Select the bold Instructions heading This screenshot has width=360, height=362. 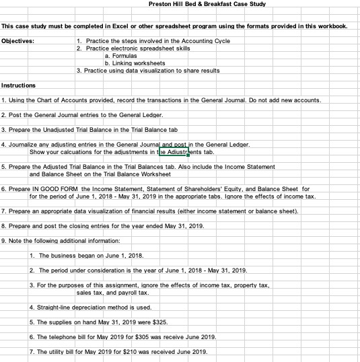pos(19,85)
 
